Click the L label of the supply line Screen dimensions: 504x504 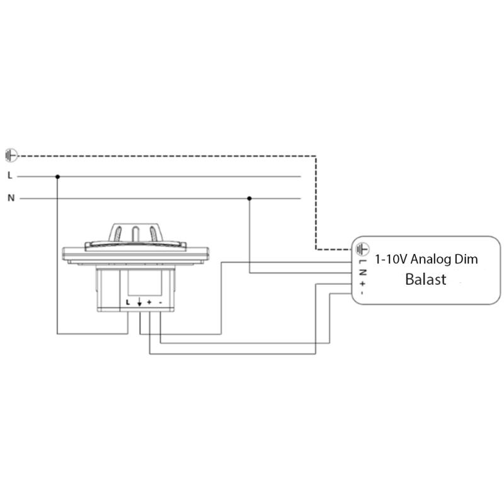tap(10, 176)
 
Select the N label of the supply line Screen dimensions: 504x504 tap(11, 198)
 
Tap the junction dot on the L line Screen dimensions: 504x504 tap(58, 176)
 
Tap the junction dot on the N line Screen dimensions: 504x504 tap(250, 198)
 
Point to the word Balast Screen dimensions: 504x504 tap(425, 279)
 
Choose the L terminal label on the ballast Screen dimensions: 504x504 tap(362, 262)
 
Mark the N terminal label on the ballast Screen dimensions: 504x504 tap(362, 272)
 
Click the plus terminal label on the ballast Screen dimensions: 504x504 tap(362, 283)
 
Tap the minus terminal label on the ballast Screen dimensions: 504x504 tap(362, 292)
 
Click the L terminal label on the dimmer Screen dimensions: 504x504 tap(128, 302)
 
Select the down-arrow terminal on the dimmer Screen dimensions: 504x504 tap(139, 302)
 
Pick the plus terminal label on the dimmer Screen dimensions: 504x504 tap(149, 302)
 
